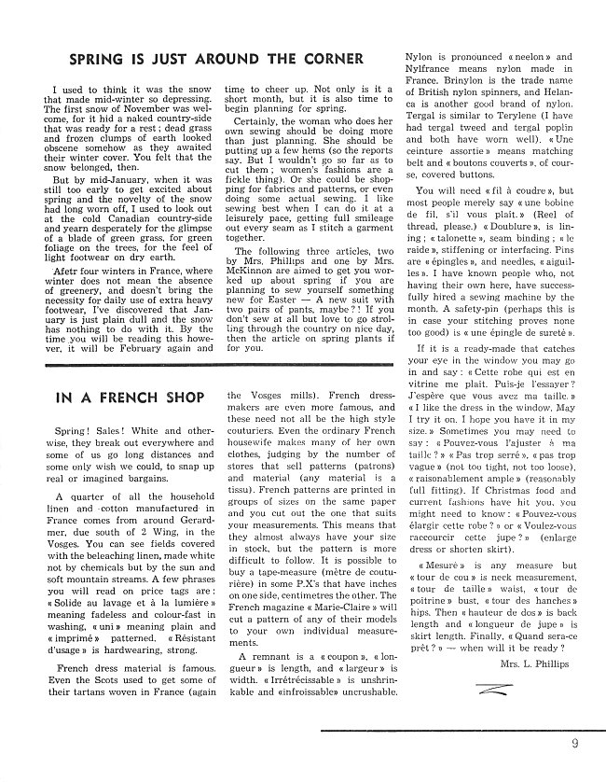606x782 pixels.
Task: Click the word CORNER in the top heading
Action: (329, 60)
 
